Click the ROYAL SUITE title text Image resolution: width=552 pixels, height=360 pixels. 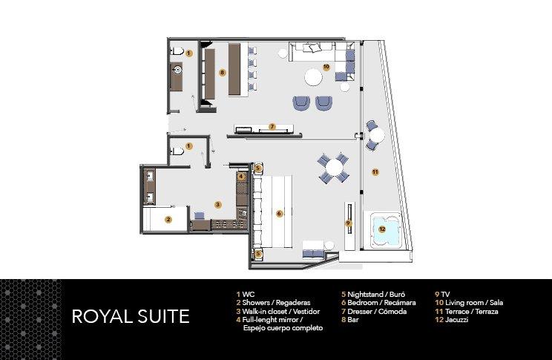pyautogui.click(x=130, y=316)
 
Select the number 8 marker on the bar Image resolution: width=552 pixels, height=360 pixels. pyautogui.click(x=223, y=72)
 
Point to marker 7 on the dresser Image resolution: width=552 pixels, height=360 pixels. pyautogui.click(x=272, y=127)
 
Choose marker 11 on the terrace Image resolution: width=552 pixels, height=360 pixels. pyautogui.click(x=375, y=172)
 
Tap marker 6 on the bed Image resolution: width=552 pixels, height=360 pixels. pyautogui.click(x=279, y=213)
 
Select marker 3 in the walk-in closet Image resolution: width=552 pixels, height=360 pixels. pyautogui.click(x=217, y=204)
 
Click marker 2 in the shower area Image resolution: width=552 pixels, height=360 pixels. pyautogui.click(x=168, y=219)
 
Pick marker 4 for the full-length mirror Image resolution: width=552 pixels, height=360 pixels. pyautogui.click(x=241, y=177)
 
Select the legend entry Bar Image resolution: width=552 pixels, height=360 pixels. pyautogui.click(x=349, y=320)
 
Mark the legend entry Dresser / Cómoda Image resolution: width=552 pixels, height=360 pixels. pyautogui.click(x=375, y=311)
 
